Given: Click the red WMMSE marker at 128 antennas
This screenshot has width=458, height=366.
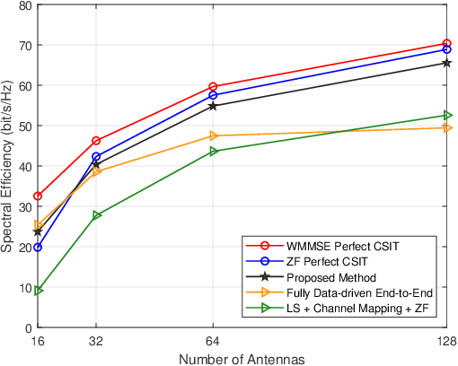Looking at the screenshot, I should coord(446,44).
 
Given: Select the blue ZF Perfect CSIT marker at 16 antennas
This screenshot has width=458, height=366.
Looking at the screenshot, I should coord(38,247).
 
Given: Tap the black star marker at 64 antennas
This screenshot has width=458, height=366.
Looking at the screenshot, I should coord(213,106).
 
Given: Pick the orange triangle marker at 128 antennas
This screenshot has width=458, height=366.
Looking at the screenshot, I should coord(446,127).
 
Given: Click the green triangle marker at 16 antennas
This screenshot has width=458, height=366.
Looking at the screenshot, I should coord(38,291).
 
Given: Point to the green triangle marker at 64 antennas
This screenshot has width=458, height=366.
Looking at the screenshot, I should coord(213,151).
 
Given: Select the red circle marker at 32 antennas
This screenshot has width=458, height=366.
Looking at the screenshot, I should coord(96,141).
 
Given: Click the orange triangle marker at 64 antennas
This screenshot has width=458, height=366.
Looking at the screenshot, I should coord(213,135).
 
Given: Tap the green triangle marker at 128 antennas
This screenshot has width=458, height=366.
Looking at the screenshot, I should coord(446,115).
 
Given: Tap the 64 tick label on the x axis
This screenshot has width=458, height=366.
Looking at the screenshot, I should coord(213,341).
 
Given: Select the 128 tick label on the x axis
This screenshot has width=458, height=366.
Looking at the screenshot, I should coord(445,341).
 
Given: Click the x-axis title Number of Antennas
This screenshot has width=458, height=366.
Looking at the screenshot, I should coord(242,358).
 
